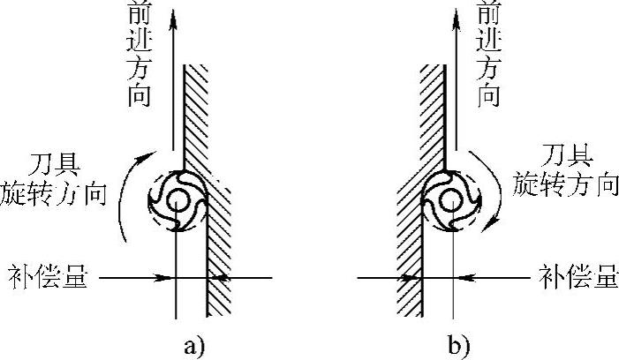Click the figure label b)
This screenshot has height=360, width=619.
pos(459,345)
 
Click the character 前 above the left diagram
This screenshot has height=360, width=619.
pos(139,16)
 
